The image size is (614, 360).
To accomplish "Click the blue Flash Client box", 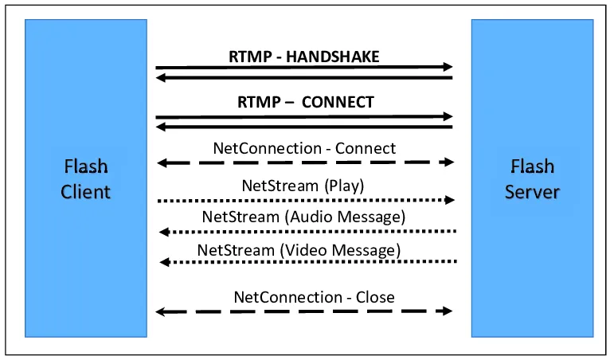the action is pos(86,178).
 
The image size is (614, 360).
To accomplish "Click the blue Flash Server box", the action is pos(532,178).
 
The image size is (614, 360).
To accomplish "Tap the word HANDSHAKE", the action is pos(332,57).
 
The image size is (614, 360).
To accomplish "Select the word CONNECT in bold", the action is pos(338,102).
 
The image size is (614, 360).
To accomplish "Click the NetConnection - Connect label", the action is pos(304,148).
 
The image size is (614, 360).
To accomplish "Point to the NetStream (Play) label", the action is pos(303,186).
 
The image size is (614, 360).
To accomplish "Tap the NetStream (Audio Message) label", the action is pos(303,217).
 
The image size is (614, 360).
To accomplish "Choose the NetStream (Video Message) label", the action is pos(299,250).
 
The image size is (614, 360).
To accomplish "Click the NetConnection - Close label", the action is pos(314,297).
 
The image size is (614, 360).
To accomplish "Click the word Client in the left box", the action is pos(86,192).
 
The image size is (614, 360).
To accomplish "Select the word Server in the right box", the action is pos(532,192).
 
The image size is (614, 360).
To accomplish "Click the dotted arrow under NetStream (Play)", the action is pos(306,201).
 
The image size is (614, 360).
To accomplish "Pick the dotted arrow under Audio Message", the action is pos(307,232).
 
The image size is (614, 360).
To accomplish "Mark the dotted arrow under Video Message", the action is pos(308,262).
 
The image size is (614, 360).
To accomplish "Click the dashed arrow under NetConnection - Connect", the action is pos(306,162).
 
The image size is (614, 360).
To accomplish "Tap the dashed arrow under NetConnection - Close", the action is pos(304,311).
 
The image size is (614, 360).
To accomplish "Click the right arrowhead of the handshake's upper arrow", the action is pos(448,67).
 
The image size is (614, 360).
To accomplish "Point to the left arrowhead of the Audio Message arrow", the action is pos(165,233).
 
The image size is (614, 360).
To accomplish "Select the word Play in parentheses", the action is pos(344,186).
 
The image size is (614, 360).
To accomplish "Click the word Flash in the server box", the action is pos(533,166).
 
